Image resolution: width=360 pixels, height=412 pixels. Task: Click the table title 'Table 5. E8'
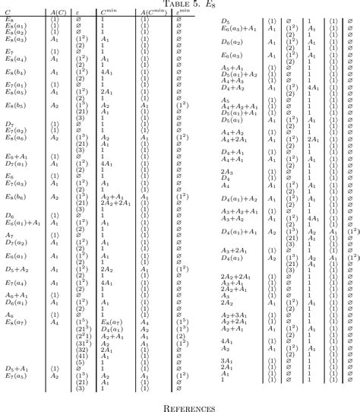pos(180,4)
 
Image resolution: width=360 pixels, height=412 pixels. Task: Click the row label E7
pos(9,50)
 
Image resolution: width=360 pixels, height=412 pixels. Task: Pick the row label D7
pos(10,123)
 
